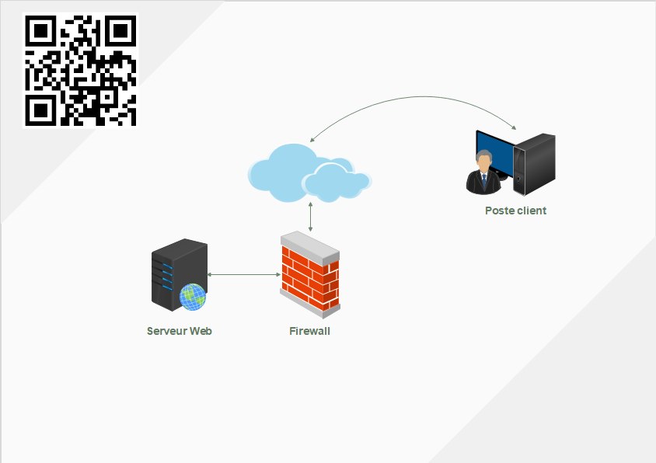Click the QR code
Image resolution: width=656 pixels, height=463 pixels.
pyautogui.click(x=81, y=70)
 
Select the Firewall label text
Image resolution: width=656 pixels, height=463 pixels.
pyautogui.click(x=309, y=331)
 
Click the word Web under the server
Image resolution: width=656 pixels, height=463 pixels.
pyautogui.click(x=201, y=331)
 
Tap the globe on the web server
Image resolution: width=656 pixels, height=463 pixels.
pyautogui.click(x=193, y=296)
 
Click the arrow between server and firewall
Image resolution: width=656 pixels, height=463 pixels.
pyautogui.click(x=243, y=274)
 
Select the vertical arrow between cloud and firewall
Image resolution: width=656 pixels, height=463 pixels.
pyautogui.click(x=311, y=216)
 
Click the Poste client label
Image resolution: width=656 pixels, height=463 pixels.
pyautogui.click(x=515, y=211)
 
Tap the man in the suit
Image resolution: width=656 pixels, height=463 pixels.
pyautogui.click(x=483, y=172)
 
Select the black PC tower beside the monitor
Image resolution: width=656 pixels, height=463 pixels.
pyautogui.click(x=537, y=163)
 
